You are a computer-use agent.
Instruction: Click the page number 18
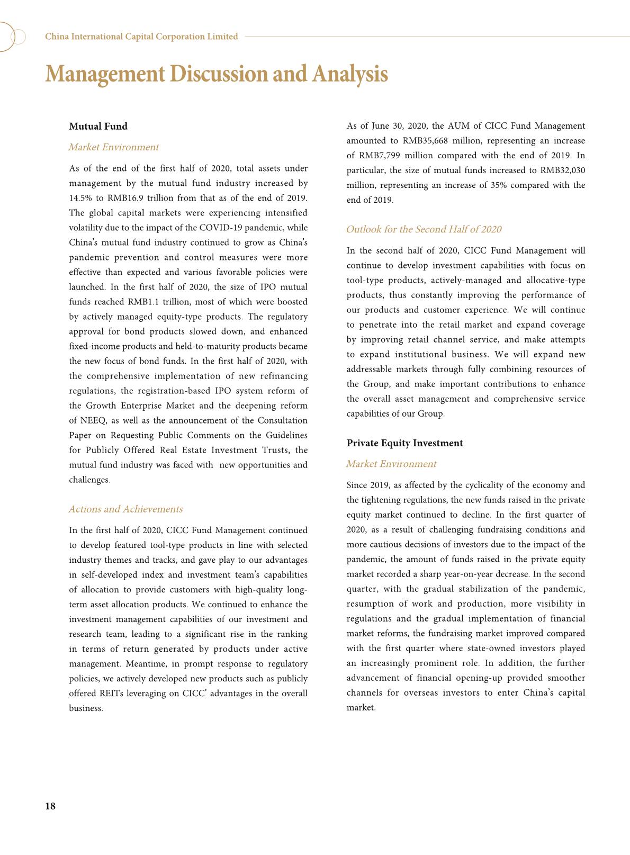coord(50,806)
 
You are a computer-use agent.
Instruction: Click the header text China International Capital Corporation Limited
coord(141,37)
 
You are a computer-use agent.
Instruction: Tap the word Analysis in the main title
coord(350,74)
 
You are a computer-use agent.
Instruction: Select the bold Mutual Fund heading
coord(98,126)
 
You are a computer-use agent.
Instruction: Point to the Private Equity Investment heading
coord(404,443)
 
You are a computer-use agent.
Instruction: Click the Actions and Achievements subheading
coord(125,509)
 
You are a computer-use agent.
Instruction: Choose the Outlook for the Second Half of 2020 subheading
coord(424,229)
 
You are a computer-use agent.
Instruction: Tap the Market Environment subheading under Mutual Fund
coord(113,147)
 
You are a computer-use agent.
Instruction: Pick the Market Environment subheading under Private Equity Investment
coord(391,464)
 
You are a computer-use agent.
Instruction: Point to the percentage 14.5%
coord(79,198)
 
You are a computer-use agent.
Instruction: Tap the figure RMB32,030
coord(562,170)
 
